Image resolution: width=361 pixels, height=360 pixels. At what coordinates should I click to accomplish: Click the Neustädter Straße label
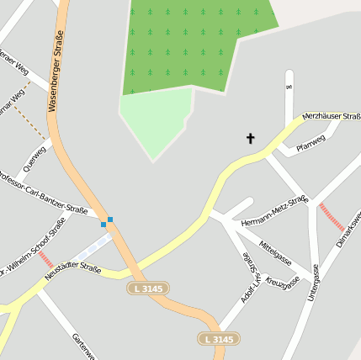tap(72, 270)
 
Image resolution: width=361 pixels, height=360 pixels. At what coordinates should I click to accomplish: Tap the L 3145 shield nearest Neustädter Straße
tap(148, 289)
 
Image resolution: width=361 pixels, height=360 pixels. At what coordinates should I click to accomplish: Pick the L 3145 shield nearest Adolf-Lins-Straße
tap(217, 339)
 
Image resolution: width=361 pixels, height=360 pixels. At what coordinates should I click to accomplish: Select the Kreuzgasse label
tap(283, 283)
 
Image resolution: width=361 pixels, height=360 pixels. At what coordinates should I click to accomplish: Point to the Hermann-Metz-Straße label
tap(274, 211)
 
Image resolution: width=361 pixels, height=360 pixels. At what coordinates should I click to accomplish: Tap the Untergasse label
tap(314, 283)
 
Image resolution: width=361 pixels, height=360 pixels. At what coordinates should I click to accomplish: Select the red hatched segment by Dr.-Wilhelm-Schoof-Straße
tap(45, 259)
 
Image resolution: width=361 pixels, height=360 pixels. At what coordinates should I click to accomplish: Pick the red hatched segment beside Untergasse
tap(332, 218)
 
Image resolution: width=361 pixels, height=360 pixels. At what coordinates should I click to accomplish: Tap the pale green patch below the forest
tap(152, 122)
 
